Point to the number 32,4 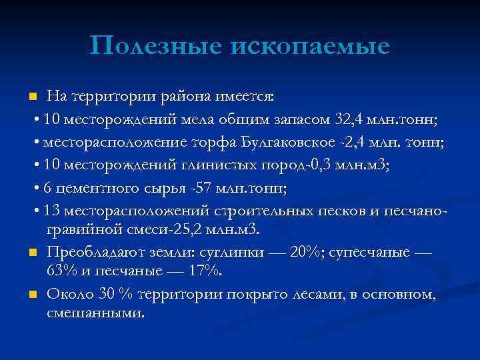pyautogui.click(x=350, y=119)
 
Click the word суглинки pyautogui.click(x=245, y=254)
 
